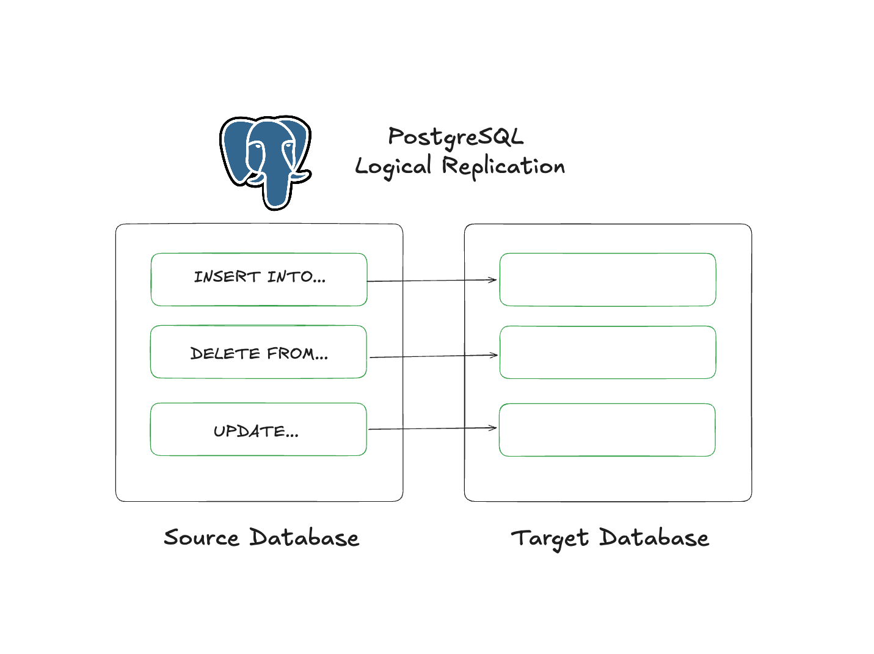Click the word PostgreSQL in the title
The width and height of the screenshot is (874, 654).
pos(456,137)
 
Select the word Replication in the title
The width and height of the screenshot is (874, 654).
pos(503,166)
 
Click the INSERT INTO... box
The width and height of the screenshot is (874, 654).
pos(259,279)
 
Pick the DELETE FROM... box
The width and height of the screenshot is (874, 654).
pos(258,352)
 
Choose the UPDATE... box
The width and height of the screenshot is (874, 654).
pos(258,429)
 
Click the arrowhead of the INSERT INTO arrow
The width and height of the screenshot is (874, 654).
pos(493,280)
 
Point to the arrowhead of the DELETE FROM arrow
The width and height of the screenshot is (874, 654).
pos(494,355)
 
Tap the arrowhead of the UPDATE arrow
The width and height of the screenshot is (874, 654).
pos(493,428)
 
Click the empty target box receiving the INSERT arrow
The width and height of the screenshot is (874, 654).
pos(608,279)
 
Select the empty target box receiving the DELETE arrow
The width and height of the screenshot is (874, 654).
pos(608,352)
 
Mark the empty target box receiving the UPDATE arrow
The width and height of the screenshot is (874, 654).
pos(607,430)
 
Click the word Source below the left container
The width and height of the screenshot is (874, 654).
pos(202,538)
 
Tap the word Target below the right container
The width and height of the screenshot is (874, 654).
pos(550,538)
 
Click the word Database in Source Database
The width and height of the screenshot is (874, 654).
pos(304,538)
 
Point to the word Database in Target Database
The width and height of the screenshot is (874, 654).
pos(654,538)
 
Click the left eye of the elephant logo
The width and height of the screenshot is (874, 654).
pos(257,146)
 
